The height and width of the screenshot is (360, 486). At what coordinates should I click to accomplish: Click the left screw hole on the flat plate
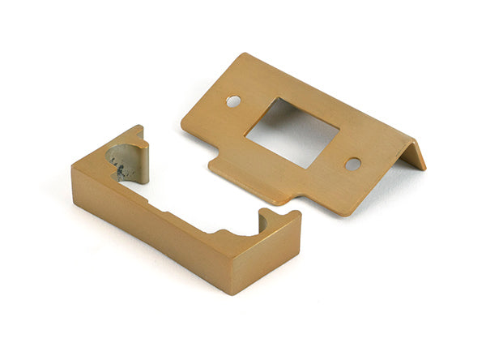[233, 101]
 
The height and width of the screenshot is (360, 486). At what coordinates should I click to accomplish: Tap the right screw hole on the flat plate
[352, 164]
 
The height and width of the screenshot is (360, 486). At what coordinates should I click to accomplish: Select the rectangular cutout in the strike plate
[292, 132]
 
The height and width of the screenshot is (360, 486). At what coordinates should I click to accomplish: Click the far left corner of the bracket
[73, 167]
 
